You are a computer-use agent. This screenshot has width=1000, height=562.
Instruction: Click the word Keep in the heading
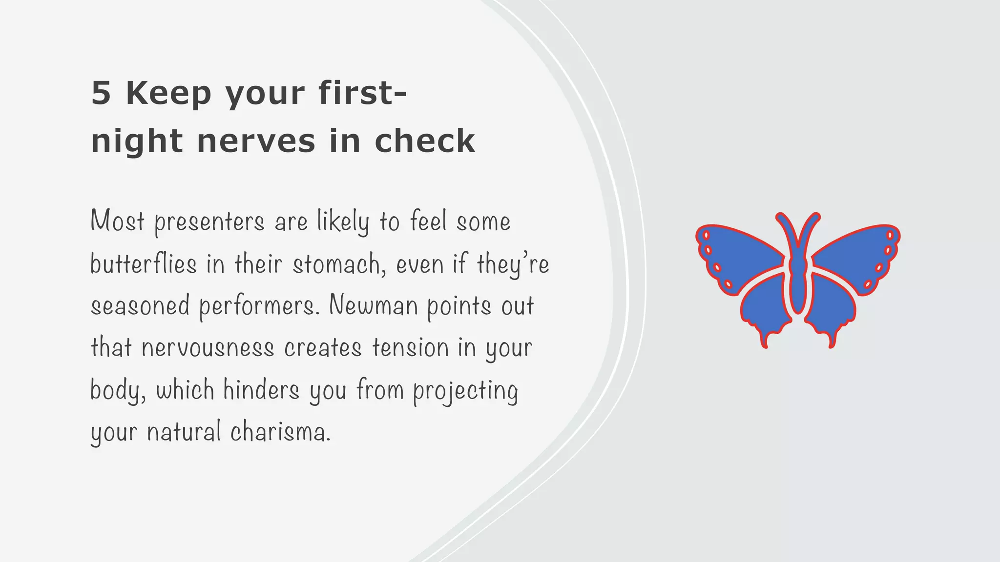pyautogui.click(x=168, y=94)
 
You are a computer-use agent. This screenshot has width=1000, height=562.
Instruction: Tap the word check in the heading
pyautogui.click(x=424, y=141)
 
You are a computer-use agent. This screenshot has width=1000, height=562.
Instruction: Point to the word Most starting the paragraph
pyautogui.click(x=118, y=222)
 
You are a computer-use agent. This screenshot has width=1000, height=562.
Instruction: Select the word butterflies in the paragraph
pyautogui.click(x=143, y=264)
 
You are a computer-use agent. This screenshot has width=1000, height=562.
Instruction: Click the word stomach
pyautogui.click(x=336, y=264)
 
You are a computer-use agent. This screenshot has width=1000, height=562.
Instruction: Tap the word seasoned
pyautogui.click(x=140, y=306)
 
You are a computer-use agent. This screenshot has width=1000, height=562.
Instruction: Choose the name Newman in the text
pyautogui.click(x=374, y=306)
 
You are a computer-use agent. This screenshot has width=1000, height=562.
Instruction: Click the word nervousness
pyautogui.click(x=208, y=348)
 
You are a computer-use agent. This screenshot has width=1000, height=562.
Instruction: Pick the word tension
pyautogui.click(x=411, y=348)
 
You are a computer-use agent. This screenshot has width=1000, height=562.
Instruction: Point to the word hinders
pyautogui.click(x=261, y=390)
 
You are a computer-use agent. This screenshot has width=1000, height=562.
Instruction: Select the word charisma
pyautogui.click(x=280, y=432)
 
